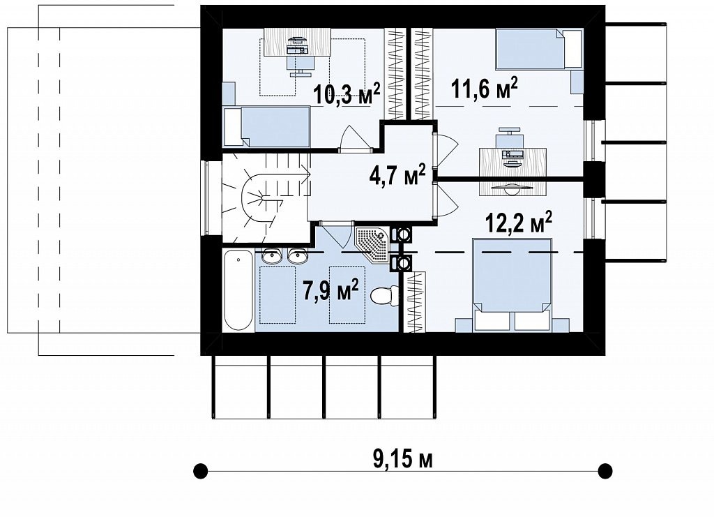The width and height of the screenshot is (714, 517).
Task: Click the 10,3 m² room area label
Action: (347, 93)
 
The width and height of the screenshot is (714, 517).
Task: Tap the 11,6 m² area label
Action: (484, 87)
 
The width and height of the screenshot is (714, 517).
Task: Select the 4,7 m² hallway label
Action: (397, 175)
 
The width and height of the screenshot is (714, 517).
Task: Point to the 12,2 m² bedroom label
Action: (519, 223)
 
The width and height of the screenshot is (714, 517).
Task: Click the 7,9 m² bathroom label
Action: (331, 290)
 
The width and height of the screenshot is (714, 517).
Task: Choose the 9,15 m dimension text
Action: (402, 460)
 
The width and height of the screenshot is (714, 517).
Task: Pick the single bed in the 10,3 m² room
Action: (267, 126)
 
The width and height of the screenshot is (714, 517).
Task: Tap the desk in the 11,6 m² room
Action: (512, 161)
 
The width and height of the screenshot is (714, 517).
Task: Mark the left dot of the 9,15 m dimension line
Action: (200, 470)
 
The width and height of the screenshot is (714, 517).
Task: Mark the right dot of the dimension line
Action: (605, 470)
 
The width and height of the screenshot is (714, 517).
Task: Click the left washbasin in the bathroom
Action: (273, 257)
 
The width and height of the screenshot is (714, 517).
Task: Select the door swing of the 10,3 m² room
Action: (354, 137)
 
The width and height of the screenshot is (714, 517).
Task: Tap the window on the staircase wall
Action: (206, 197)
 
